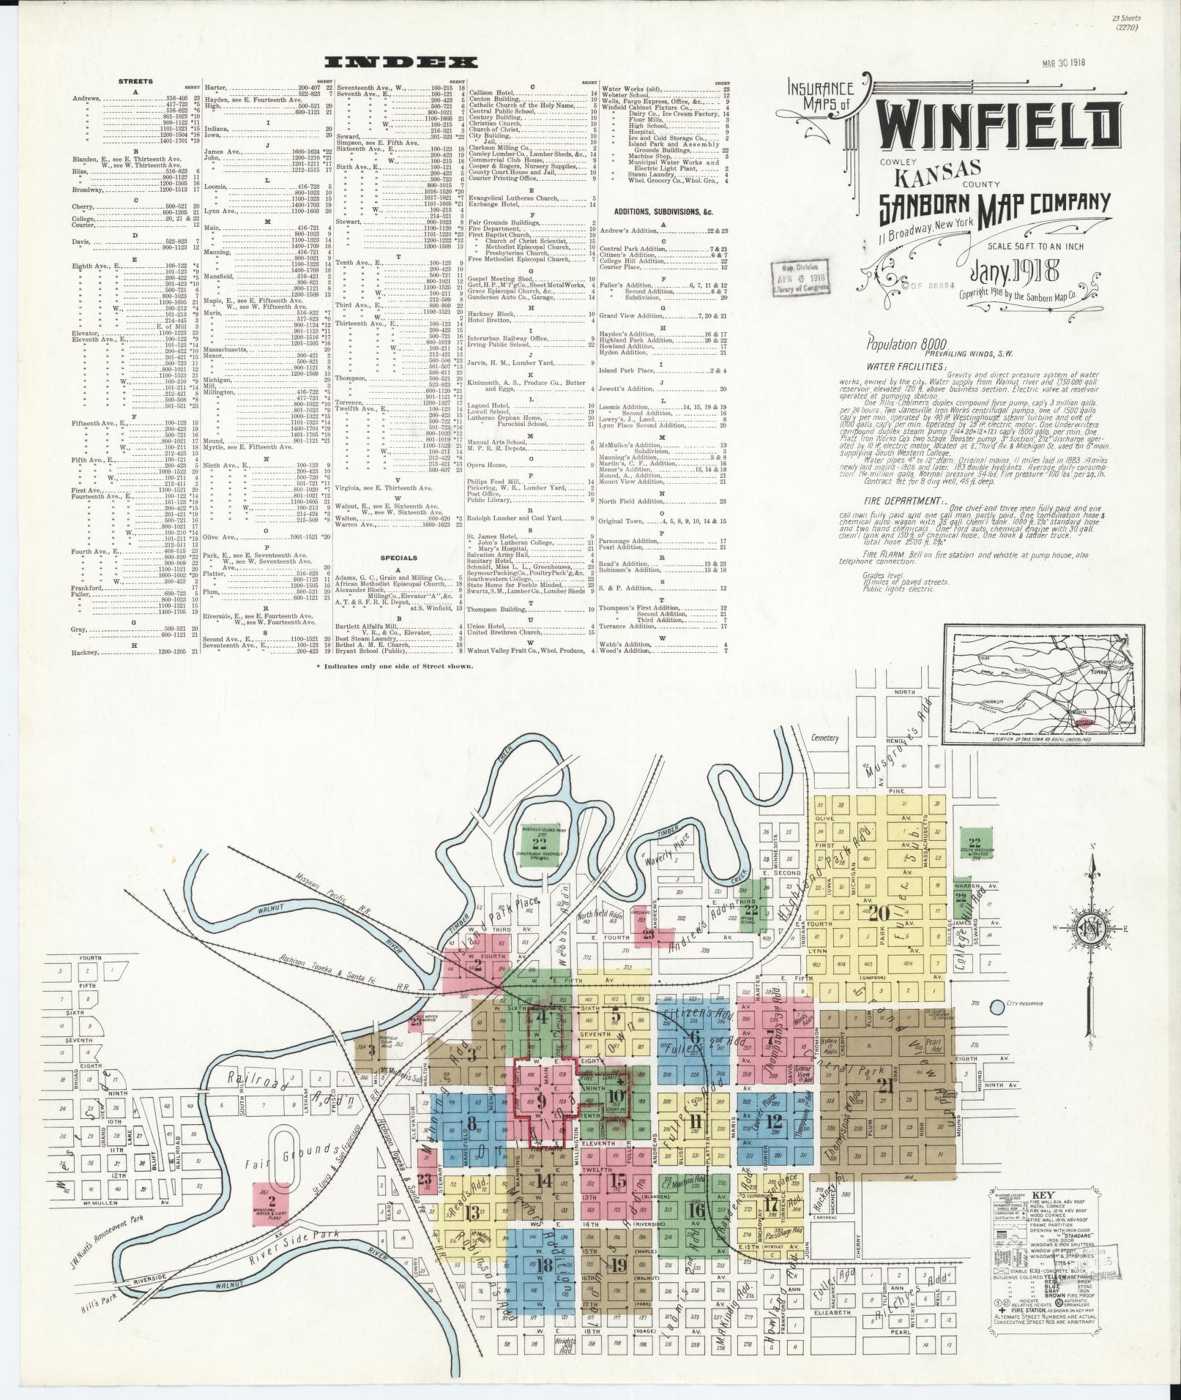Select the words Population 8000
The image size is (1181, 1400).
click(906, 344)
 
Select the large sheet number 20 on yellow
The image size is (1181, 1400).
click(879, 913)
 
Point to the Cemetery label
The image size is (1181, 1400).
click(824, 738)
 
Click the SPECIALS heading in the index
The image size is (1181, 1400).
click(400, 557)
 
